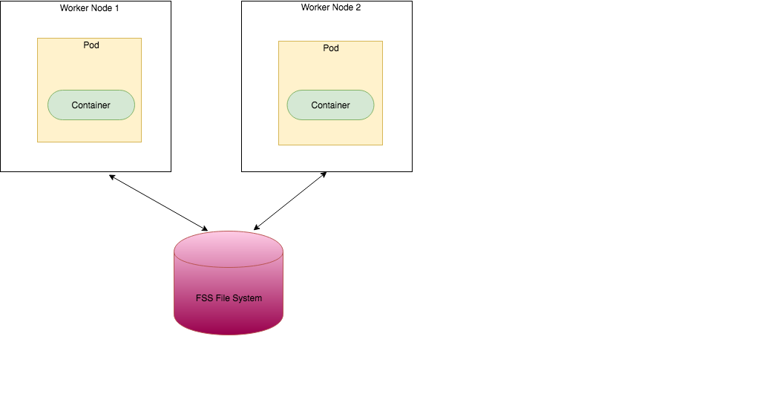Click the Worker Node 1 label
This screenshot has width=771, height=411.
[89, 8]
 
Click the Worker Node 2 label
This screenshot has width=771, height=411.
[330, 7]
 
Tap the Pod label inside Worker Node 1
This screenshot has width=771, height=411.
[91, 45]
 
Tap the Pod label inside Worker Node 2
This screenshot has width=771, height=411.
[331, 48]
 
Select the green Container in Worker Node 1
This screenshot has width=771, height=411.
[91, 105]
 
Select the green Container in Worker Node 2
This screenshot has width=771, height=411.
[330, 105]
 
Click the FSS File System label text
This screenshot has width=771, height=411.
[229, 298]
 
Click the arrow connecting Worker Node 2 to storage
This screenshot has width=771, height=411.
[290, 201]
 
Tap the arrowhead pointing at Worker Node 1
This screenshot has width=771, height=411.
[111, 177]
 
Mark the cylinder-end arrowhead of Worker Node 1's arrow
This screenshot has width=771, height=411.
[206, 228]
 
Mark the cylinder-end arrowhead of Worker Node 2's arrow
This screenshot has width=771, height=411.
[257, 226]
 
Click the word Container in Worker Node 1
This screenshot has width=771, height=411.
[91, 105]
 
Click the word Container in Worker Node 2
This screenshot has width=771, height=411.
[330, 105]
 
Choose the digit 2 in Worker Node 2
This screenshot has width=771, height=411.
[358, 7]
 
